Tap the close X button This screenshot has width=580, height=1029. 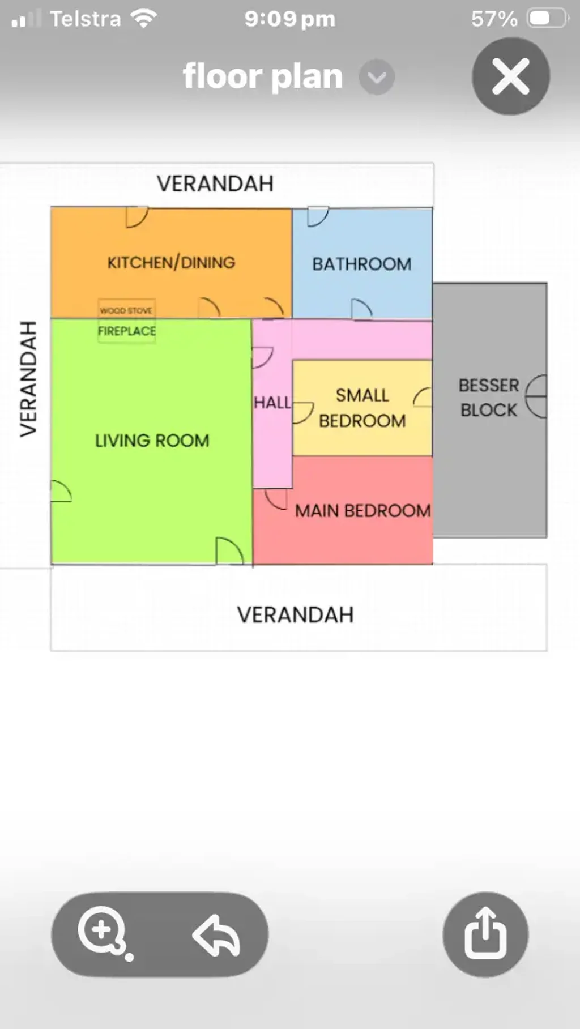pos(511,76)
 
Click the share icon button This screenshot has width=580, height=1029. pos(485,934)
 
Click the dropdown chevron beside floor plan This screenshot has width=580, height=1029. pos(377,77)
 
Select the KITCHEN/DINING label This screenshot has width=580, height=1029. pos(171,263)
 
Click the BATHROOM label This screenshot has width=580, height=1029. pos(362,264)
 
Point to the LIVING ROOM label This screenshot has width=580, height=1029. pos(152,441)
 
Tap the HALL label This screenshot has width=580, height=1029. pos(272,403)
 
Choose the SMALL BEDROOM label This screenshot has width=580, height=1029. pos(362,408)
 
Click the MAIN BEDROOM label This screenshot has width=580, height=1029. pos(363,511)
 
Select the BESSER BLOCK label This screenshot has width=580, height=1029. pos(489,398)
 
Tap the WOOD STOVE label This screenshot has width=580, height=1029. pos(126,310)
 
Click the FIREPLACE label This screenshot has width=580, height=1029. pos(127,331)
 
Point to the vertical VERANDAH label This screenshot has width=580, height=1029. pos(28,379)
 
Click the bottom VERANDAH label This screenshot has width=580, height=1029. pos(295,615)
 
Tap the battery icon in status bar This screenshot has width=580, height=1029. pos(548,19)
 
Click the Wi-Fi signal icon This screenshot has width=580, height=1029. pos(144,19)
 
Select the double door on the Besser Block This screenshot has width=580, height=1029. pos(536,396)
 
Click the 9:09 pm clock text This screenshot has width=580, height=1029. pos(290,19)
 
